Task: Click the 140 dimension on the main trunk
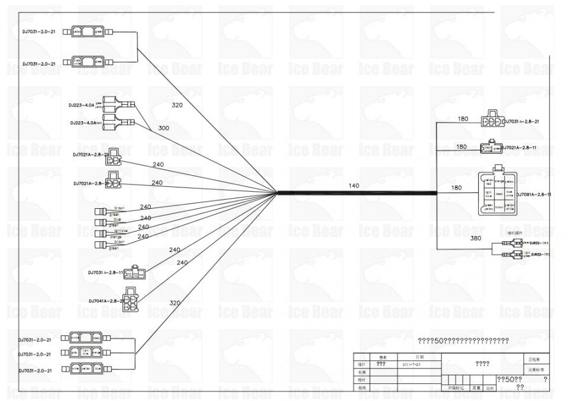354,186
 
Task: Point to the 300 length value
164,128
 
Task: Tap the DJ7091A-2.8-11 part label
534,194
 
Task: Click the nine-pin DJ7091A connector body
498,193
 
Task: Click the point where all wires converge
277,192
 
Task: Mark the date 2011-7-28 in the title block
411,364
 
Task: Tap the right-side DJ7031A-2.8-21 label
521,121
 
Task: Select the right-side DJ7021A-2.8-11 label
521,146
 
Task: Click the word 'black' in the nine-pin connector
499,193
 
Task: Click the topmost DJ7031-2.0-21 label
39,31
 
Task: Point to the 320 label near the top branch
177,105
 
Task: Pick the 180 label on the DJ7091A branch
457,188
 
